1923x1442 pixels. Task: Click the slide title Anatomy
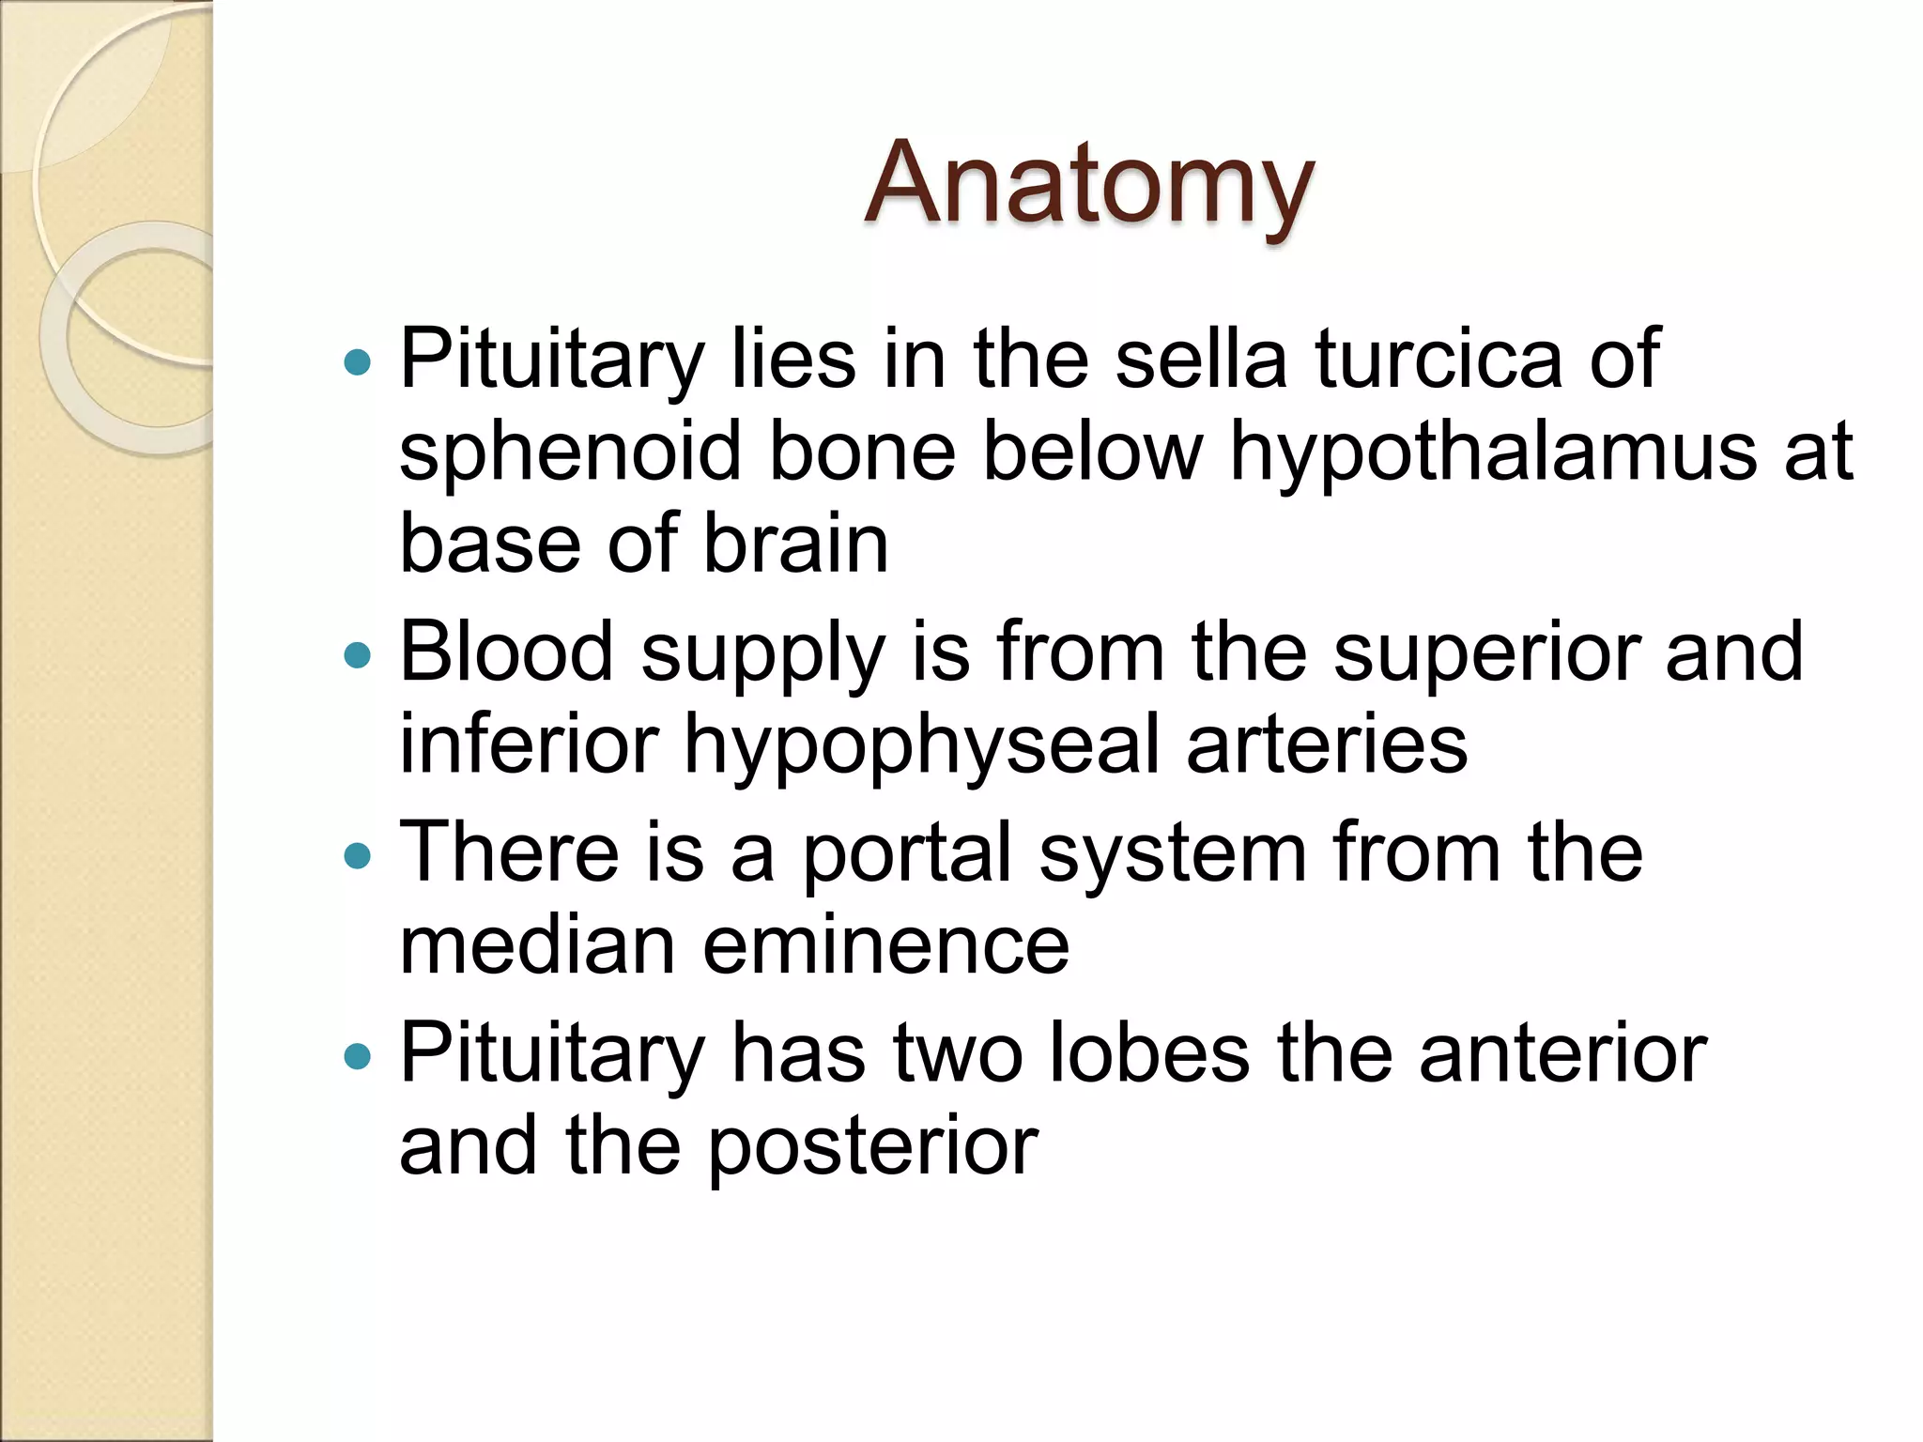[1088, 185]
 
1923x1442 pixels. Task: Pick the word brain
[795, 545]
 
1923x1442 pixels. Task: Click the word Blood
[506, 652]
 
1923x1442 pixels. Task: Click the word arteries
[1327, 745]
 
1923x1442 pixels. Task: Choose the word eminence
[885, 945]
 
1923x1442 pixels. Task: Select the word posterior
[872, 1148]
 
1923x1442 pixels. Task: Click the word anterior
[1562, 1054]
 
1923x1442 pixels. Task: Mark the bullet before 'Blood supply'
[358, 655]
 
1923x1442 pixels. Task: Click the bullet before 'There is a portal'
[358, 855]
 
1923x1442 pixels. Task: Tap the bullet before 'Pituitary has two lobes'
[358, 1057]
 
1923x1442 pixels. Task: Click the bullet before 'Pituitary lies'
[358, 362]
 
